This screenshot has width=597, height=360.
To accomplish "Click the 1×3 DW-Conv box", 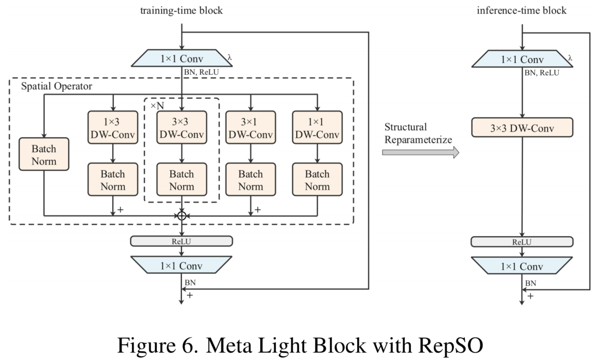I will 113,127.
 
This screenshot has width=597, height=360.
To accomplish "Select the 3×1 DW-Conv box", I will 251,127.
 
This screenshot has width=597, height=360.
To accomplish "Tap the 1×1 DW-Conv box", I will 317,127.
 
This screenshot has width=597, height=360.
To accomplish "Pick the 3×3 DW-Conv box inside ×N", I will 182,127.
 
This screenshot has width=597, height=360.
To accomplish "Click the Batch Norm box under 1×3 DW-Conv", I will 113,180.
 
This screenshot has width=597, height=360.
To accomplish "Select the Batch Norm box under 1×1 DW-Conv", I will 317,180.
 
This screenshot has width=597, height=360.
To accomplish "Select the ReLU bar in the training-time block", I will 182,241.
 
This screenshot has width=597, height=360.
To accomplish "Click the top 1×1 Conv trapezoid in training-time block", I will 182,58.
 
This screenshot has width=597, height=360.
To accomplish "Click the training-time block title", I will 182,11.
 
